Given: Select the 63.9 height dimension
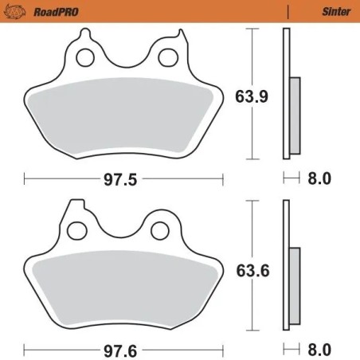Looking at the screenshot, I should pyautogui.click(x=248, y=98).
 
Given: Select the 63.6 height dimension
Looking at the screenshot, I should pyautogui.click(x=248, y=270).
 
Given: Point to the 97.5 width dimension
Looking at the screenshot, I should pyautogui.click(x=120, y=179).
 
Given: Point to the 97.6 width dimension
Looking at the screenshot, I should pyautogui.click(x=120, y=349).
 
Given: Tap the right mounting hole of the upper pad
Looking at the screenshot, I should pyautogui.click(x=167, y=57).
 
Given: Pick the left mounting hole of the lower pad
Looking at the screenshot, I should pyautogui.click(x=78, y=230).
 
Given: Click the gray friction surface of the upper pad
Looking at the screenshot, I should pyautogui.click(x=123, y=115).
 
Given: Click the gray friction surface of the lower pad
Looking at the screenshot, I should pyautogui.click(x=123, y=287).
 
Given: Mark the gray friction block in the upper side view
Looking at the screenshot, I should pyautogui.click(x=295, y=115).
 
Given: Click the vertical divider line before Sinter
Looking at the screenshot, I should pyautogui.click(x=287, y=10).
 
